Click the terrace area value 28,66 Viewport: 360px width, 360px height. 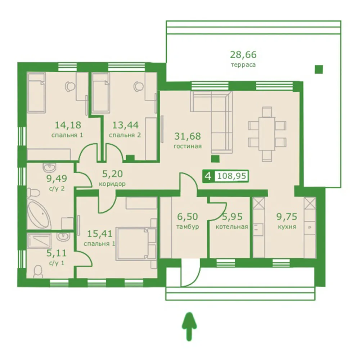click(x=243, y=55)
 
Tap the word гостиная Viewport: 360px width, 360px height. click(x=188, y=146)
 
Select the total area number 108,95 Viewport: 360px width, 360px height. click(x=231, y=176)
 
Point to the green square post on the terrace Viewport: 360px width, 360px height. click(x=319, y=69)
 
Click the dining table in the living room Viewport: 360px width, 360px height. click(x=267, y=134)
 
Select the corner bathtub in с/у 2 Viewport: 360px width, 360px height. click(x=39, y=213)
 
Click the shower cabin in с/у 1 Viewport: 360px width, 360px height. click(x=39, y=241)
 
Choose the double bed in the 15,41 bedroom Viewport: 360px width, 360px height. click(x=136, y=244)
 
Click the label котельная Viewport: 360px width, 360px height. click(x=232, y=227)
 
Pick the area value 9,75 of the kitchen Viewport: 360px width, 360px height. click(x=287, y=216)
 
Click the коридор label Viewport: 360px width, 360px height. click(x=112, y=184)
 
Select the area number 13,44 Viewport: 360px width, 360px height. click(x=125, y=125)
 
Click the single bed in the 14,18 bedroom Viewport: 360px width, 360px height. click(x=37, y=93)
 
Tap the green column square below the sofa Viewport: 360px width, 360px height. click(x=215, y=159)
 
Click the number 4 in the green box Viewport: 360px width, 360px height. click(x=208, y=176)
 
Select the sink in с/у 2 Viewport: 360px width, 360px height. click(x=49, y=167)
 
